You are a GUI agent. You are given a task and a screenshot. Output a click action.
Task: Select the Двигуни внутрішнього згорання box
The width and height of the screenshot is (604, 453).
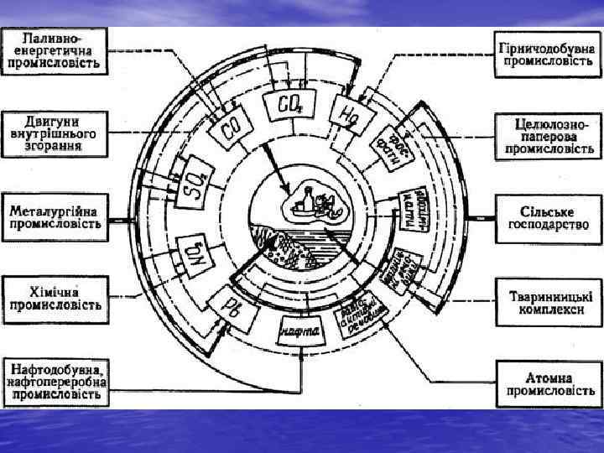coord(55,132)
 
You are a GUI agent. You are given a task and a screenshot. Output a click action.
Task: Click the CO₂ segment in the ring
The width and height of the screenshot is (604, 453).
coord(289,105)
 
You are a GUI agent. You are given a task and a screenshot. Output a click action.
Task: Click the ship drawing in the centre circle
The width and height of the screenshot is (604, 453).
coord(311,204)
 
